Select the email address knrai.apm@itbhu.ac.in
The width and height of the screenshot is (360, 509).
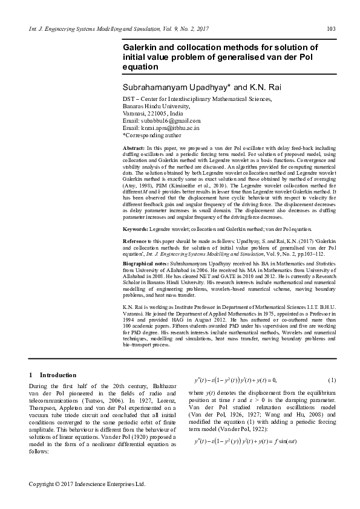[x=168, y=128]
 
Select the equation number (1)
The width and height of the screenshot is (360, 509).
[x=331, y=380]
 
